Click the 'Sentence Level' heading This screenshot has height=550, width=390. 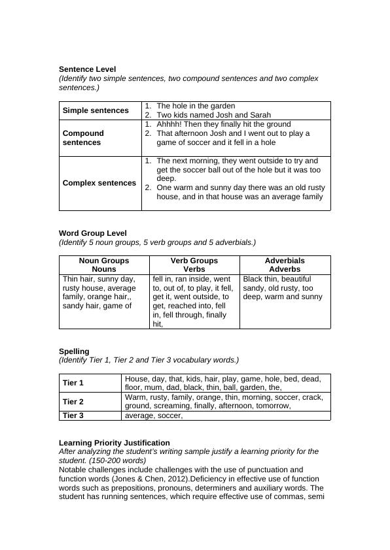87,69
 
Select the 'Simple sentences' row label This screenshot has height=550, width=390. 96,110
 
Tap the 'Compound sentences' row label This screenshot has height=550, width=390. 83,138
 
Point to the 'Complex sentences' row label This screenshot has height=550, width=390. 99,183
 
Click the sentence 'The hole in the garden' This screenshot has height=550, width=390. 196,106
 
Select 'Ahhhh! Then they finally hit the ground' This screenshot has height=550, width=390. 224,124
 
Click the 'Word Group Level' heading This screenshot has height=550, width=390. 93,233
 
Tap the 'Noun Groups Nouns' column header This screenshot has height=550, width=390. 104,265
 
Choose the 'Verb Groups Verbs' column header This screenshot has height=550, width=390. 194,265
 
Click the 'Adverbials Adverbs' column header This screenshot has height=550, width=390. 285,265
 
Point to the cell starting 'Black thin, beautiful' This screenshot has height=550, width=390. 283,287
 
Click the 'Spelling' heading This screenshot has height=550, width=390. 74,351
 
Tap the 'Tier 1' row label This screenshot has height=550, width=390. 73,383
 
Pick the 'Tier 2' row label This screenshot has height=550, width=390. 73,402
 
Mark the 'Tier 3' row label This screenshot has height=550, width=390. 73,415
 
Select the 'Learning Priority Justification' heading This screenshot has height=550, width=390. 115,443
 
